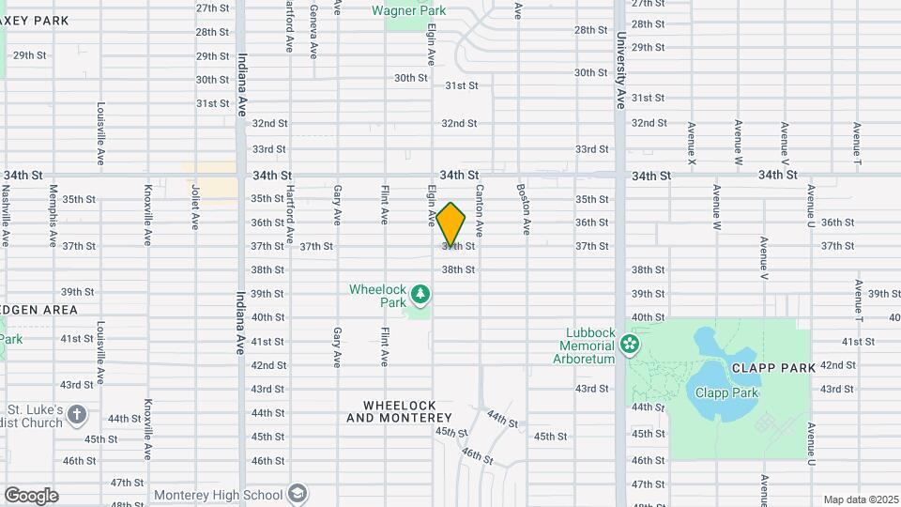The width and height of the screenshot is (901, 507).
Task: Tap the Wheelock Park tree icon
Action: click(x=421, y=296)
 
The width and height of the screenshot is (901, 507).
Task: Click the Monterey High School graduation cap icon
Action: click(x=298, y=494)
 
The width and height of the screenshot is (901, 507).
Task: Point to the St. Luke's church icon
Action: click(x=77, y=414)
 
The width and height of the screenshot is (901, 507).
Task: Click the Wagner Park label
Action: click(x=408, y=10)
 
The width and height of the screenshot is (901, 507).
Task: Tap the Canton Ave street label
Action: click(x=479, y=209)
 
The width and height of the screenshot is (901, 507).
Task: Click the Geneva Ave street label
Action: click(x=313, y=25)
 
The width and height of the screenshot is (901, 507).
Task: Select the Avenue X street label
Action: click(x=692, y=145)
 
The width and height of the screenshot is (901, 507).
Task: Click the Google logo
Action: click(x=31, y=495)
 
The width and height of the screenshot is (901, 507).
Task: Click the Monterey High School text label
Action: click(x=218, y=495)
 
